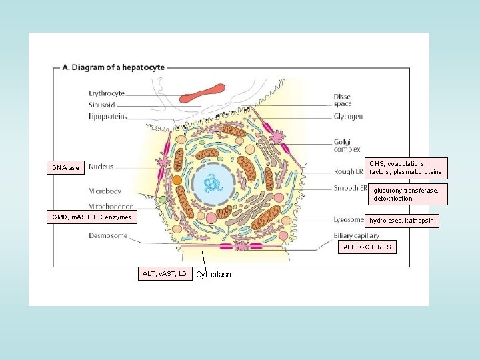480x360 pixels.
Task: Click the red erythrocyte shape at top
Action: point(202,94)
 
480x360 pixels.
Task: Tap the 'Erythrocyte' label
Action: point(107,94)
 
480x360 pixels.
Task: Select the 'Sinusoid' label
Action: point(102,105)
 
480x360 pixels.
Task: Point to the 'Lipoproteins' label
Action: point(107,116)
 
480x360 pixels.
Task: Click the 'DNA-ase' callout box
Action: point(66,167)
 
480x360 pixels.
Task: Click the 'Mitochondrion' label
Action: point(111,207)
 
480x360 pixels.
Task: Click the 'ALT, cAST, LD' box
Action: point(165,273)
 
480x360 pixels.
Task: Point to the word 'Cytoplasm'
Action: point(215,275)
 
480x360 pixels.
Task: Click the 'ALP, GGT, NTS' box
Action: point(367,247)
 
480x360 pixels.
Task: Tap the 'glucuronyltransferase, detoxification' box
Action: point(406,194)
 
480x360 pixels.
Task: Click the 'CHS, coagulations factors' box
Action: point(406,168)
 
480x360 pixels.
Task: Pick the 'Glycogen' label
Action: point(348,117)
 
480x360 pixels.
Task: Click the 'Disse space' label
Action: point(342,101)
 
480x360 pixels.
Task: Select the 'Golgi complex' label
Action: point(347,146)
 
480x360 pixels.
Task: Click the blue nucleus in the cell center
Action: point(215,182)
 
